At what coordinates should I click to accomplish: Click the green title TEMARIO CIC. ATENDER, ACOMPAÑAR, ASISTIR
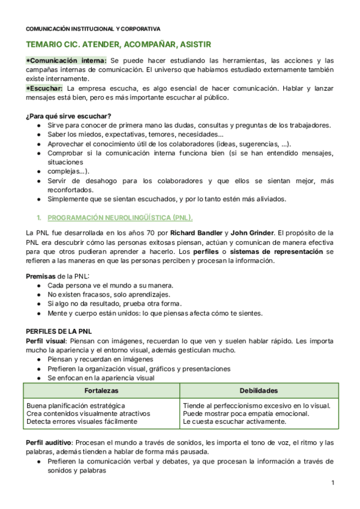[x=118, y=45]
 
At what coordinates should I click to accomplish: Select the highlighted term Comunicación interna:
[x=67, y=61]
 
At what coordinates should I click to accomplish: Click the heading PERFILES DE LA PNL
[x=59, y=331]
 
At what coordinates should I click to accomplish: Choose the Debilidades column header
[x=257, y=391]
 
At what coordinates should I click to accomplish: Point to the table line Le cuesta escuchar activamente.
[x=235, y=421]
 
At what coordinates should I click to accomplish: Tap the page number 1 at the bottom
[x=332, y=484]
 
